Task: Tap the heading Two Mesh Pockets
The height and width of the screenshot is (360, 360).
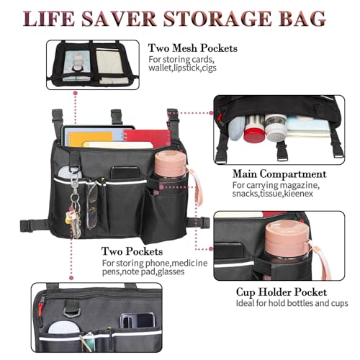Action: [x=193, y=48]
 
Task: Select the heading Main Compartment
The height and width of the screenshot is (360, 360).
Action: [x=279, y=174]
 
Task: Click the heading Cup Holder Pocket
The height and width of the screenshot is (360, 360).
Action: [x=282, y=292]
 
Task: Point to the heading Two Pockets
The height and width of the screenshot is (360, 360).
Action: [x=132, y=251]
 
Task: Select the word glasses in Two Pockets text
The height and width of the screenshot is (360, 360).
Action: [x=171, y=272]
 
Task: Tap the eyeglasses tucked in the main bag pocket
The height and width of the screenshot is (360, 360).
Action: [x=92, y=204]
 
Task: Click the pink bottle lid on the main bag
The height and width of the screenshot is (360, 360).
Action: [x=171, y=164]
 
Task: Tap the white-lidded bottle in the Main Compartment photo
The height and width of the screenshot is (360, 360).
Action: [x=276, y=127]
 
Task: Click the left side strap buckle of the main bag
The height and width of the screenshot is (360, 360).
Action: [x=27, y=225]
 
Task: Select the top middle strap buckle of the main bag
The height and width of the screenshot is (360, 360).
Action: [x=116, y=116]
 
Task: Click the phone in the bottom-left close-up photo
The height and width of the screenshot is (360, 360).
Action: [x=137, y=320]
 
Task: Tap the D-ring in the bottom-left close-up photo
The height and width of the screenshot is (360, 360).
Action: [x=71, y=312]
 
